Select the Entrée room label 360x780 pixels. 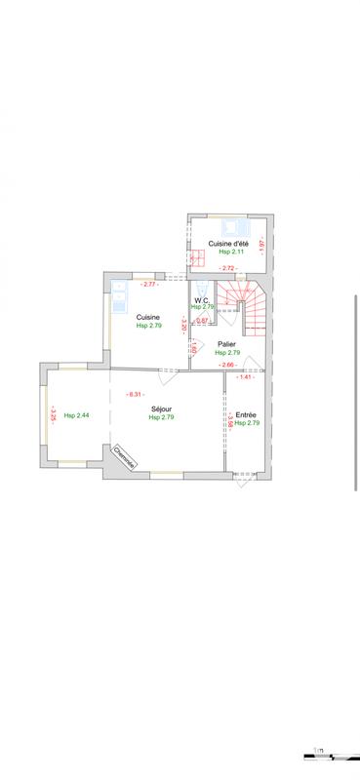247,414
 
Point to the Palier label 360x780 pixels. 226,343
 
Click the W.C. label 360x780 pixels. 203,299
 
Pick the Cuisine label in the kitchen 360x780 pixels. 148,316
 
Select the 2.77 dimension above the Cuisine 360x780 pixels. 149,284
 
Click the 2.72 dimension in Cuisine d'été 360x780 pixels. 228,268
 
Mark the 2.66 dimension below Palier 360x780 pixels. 228,365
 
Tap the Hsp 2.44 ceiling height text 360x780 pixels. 76,415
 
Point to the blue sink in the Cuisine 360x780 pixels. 121,293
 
